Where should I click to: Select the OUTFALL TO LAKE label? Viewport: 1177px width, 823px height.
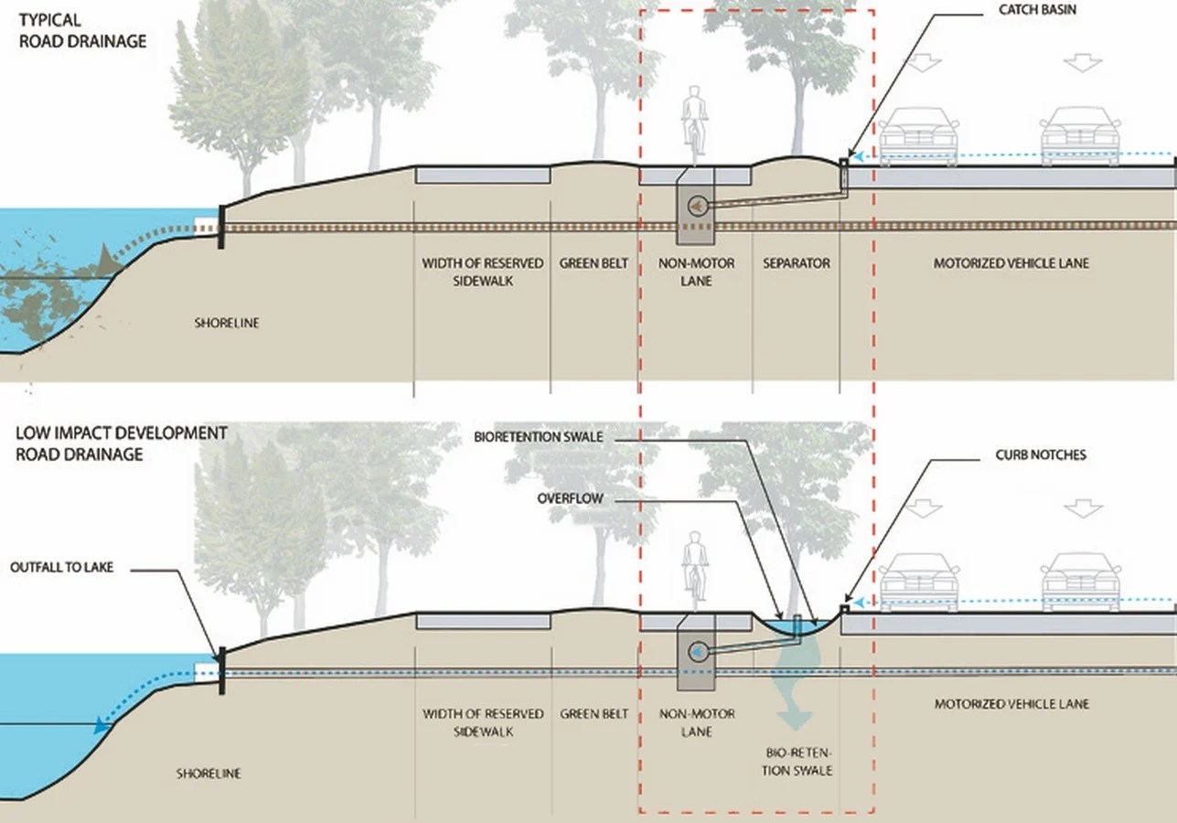(62, 567)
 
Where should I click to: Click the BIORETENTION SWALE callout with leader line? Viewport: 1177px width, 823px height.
(538, 436)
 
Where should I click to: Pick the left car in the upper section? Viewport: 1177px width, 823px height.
(918, 136)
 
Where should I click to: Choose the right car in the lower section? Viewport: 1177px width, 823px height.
(1082, 582)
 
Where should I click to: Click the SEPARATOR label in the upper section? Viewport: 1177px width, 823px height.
(797, 263)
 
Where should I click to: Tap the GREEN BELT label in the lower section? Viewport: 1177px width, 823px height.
(594, 713)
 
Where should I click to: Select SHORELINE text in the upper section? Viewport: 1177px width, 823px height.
(226, 323)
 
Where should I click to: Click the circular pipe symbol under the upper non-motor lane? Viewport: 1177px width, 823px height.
(699, 206)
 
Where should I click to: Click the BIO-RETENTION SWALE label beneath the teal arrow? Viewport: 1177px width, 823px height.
(798, 761)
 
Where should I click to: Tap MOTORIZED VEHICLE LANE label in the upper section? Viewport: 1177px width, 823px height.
(1011, 263)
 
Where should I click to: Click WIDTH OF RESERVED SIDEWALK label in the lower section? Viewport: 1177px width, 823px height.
(482, 722)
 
